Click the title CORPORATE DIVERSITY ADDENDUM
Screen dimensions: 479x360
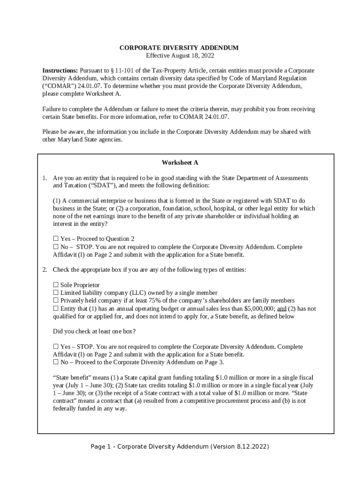(179, 48)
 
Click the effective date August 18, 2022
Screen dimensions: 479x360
(180, 55)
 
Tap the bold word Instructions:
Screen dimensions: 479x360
(60, 70)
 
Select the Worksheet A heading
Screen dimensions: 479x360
(180, 163)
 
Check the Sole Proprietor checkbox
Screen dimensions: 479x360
(56, 285)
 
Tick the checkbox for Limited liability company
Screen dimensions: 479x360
(56, 293)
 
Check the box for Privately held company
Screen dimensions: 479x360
(56, 301)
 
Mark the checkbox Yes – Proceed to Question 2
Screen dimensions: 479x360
(56, 239)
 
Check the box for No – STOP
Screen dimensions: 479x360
(56, 247)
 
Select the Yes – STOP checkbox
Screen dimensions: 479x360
(56, 347)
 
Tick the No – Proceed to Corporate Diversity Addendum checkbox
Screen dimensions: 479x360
(56, 362)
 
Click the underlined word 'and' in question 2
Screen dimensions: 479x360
(282, 309)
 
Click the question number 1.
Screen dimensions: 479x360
(44, 178)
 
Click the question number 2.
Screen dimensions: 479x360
(44, 270)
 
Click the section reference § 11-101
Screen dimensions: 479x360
(123, 70)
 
